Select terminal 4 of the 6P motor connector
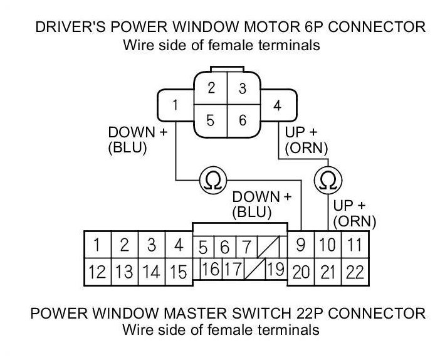coord(277,105)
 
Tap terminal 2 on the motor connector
coord(212,88)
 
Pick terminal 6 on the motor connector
coord(243,120)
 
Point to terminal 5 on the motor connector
coord(212,120)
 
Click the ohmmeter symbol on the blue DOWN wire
coord(209,181)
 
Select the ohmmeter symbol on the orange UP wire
coord(327,181)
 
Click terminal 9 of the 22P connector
coord(300,245)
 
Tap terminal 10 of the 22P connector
coord(327,245)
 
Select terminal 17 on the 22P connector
coord(233,270)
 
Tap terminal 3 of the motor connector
coord(243,88)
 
